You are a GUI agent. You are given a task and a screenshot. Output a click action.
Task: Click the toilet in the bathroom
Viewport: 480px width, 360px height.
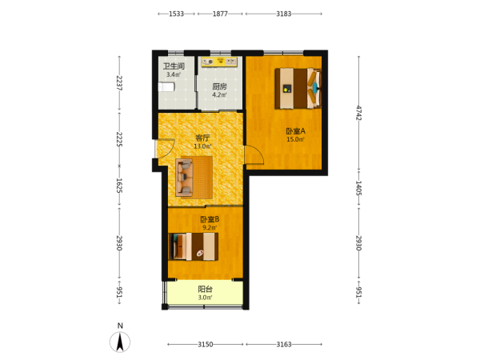coord(166,87)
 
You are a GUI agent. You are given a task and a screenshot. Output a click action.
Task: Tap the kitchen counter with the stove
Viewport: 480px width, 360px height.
coord(219,62)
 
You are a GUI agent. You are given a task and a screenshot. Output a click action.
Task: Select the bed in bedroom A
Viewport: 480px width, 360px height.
coord(298,89)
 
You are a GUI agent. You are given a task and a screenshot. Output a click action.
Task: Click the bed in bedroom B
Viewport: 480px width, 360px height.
coord(193,246)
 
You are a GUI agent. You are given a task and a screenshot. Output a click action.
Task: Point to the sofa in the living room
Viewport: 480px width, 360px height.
coord(184,178)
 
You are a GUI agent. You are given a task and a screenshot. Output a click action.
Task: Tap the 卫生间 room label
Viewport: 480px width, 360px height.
coord(174,66)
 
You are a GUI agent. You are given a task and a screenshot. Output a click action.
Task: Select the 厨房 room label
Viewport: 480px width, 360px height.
coord(219,86)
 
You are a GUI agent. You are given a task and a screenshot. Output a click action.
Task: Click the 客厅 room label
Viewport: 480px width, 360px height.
coord(202,138)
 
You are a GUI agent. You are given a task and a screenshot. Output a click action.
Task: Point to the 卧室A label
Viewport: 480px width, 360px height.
coord(295,131)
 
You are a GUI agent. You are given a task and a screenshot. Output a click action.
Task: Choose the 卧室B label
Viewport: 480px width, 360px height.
coord(210,219)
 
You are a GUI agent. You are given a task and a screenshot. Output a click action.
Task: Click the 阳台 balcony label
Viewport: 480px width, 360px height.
coord(205,290)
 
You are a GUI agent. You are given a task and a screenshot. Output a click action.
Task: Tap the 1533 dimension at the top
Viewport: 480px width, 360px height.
coord(176,14)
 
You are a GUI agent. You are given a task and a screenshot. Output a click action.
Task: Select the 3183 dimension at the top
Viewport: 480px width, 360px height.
coord(283,14)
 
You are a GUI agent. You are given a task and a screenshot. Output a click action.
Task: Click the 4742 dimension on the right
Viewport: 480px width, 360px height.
coord(358,113)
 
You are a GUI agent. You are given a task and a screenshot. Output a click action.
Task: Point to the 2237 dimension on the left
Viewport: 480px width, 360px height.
coord(119,83)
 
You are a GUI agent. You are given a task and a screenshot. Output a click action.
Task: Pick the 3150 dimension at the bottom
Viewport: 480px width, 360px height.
coord(205,344)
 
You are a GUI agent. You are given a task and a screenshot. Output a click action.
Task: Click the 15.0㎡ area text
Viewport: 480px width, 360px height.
coord(295,139)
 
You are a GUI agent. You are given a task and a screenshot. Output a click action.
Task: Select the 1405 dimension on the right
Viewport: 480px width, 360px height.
coord(358,188)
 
